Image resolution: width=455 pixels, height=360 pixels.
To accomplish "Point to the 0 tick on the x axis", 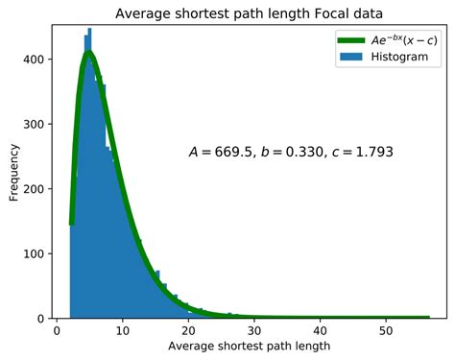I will (57, 329).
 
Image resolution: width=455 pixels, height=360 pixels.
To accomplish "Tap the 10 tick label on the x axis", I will (122, 329).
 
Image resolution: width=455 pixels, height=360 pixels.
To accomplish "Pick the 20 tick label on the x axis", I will (188, 329).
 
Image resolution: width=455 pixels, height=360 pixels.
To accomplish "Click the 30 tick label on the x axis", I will (253, 329).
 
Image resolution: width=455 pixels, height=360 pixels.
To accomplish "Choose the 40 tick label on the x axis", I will (319, 329).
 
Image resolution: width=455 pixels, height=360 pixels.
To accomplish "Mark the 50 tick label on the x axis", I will (385, 329).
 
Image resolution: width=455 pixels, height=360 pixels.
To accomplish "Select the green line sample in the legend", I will (350, 41).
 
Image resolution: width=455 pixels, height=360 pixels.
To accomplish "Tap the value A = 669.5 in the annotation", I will (220, 152).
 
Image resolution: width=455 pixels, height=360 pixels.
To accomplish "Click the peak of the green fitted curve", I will (88, 54).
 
